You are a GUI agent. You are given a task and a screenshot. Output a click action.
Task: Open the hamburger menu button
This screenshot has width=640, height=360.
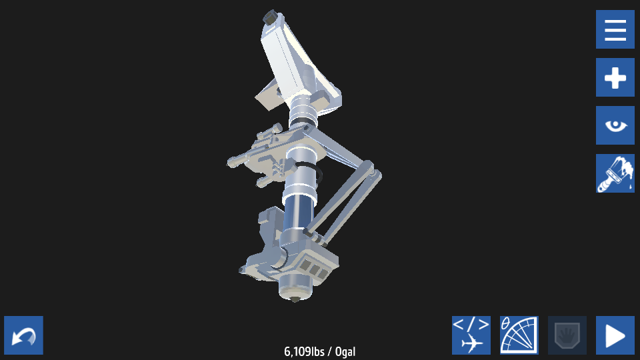[615, 29]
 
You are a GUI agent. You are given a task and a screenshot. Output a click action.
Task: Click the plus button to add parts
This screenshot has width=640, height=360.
[615, 77]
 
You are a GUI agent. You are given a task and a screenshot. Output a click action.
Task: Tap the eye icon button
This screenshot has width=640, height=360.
[615, 125]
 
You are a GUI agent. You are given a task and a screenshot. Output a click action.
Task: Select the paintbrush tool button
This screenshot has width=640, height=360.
[615, 173]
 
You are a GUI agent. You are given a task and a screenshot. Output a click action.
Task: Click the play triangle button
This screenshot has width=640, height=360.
[615, 335]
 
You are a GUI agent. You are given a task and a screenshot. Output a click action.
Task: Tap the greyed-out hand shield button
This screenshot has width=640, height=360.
[567, 335]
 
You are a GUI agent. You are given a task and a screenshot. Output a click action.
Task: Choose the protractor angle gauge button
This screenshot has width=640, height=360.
[519, 335]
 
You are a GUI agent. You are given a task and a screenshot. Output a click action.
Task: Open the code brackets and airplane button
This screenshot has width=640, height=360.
[471, 335]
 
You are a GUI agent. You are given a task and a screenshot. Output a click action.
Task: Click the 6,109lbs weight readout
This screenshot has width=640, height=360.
[304, 351]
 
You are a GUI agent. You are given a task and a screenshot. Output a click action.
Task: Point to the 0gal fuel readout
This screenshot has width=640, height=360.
[345, 351]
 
